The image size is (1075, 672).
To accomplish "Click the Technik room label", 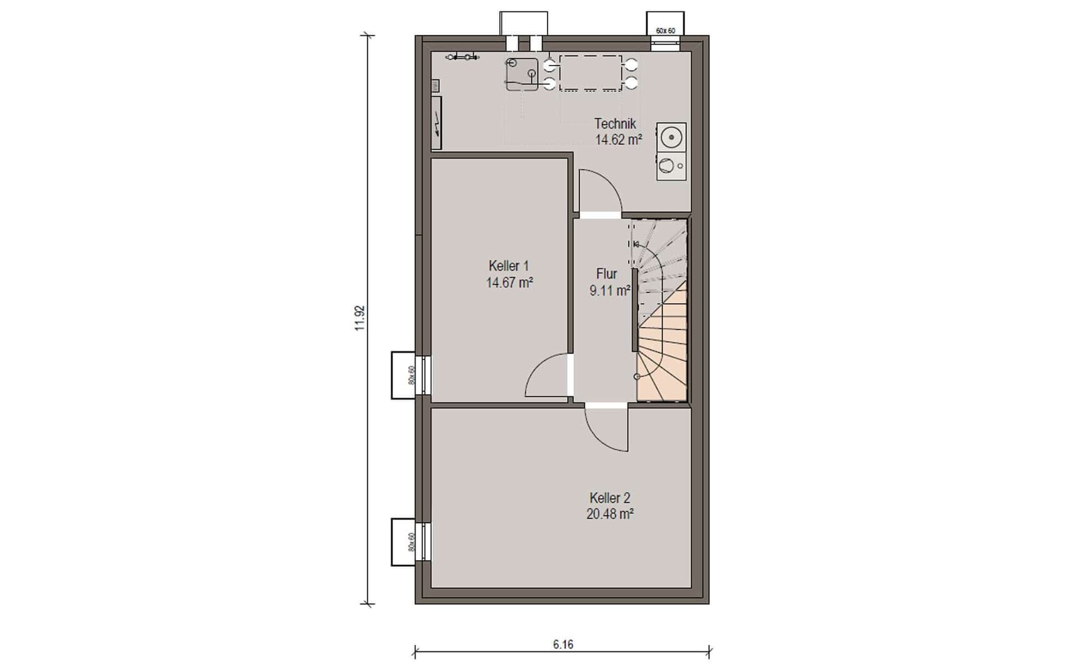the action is coord(615,124).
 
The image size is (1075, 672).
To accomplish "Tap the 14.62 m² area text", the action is coord(618,139).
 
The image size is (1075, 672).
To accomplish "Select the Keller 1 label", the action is coord(509,266).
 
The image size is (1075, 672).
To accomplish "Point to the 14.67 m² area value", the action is coord(509,283).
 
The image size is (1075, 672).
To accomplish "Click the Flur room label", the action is coord(606,274).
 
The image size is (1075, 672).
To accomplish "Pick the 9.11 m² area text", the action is coord(609,291).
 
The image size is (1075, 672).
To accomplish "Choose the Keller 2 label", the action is coord(610,498).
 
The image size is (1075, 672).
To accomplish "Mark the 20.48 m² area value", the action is coord(610,514).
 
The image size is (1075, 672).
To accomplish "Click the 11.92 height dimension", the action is coord(359,318).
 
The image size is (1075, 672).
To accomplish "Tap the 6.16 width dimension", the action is coord(562,644).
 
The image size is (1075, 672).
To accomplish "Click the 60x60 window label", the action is coord(665,31).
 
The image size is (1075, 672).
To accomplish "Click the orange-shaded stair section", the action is coord(662,350).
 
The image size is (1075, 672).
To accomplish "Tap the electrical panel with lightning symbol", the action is coord(436,123).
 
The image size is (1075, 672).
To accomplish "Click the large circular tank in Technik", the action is coord(671,137).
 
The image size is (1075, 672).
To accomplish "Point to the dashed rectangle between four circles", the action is coord(591,73).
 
